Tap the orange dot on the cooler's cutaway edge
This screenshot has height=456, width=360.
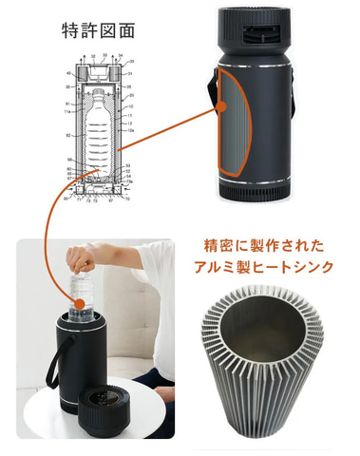click(221, 124)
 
